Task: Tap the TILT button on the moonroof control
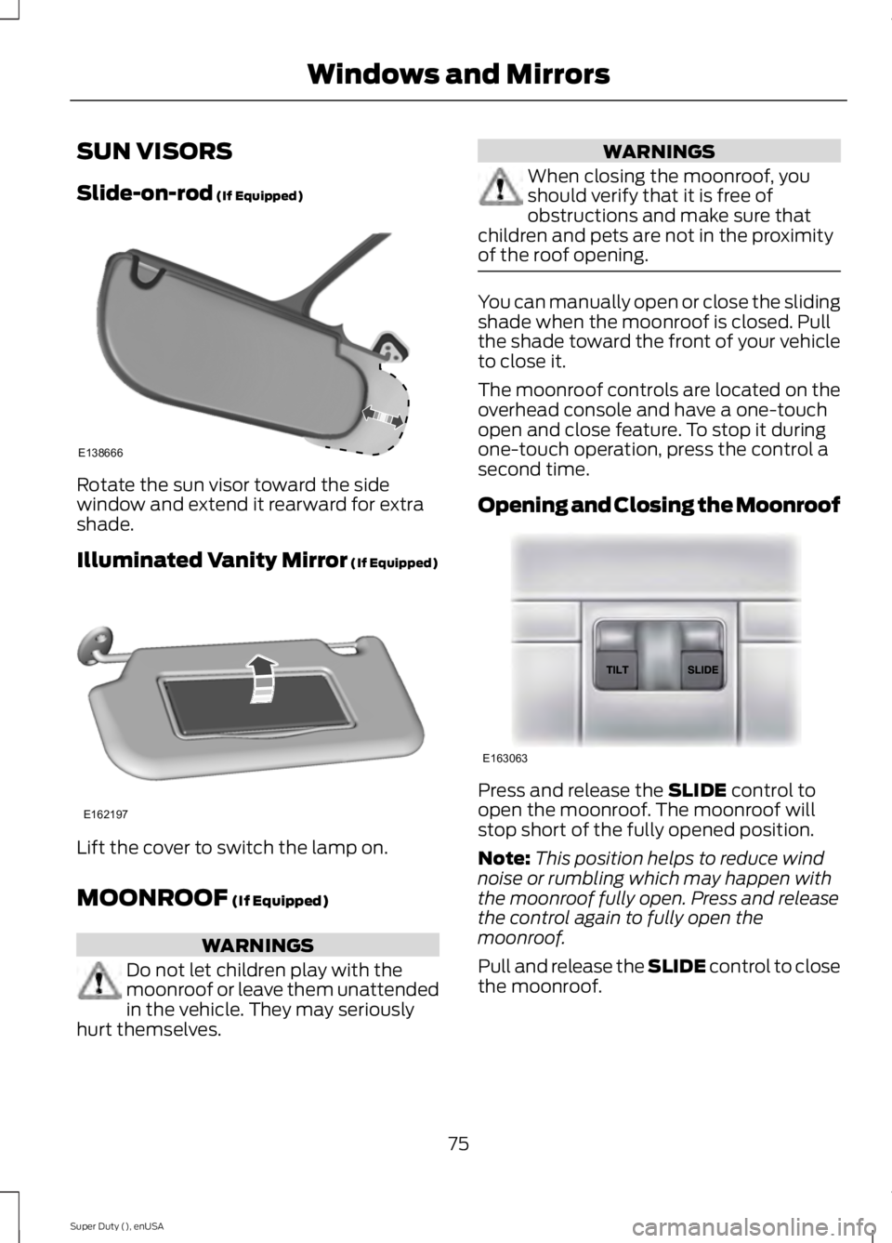tap(616, 668)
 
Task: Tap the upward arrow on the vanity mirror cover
tap(265, 674)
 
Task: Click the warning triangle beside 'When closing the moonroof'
tap(501, 192)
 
